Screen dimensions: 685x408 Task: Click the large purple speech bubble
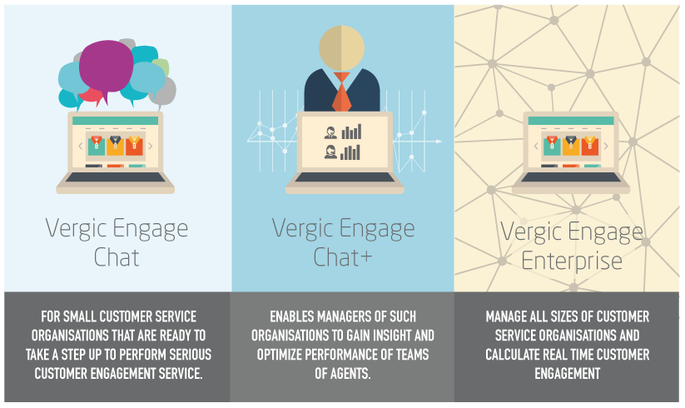[107, 67]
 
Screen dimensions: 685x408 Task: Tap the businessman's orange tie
[341, 92]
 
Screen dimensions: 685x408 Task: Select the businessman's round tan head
[341, 47]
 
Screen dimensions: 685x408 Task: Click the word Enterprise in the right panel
[572, 261]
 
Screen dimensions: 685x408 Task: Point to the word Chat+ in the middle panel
[343, 256]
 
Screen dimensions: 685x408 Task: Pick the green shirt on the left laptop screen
[96, 146]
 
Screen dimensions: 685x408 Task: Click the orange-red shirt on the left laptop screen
[135, 146]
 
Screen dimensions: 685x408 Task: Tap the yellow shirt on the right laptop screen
[570, 146]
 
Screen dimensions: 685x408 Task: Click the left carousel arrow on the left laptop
[81, 146]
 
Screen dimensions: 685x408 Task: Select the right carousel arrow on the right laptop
[605, 146]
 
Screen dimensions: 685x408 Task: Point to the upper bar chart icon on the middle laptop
[351, 132]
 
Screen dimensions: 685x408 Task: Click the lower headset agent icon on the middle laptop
[330, 152]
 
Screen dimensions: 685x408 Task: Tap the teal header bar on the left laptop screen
[116, 121]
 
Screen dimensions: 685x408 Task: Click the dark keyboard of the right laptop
[571, 177]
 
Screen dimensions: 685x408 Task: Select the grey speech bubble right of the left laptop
[163, 92]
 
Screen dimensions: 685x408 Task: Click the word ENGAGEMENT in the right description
[568, 374]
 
